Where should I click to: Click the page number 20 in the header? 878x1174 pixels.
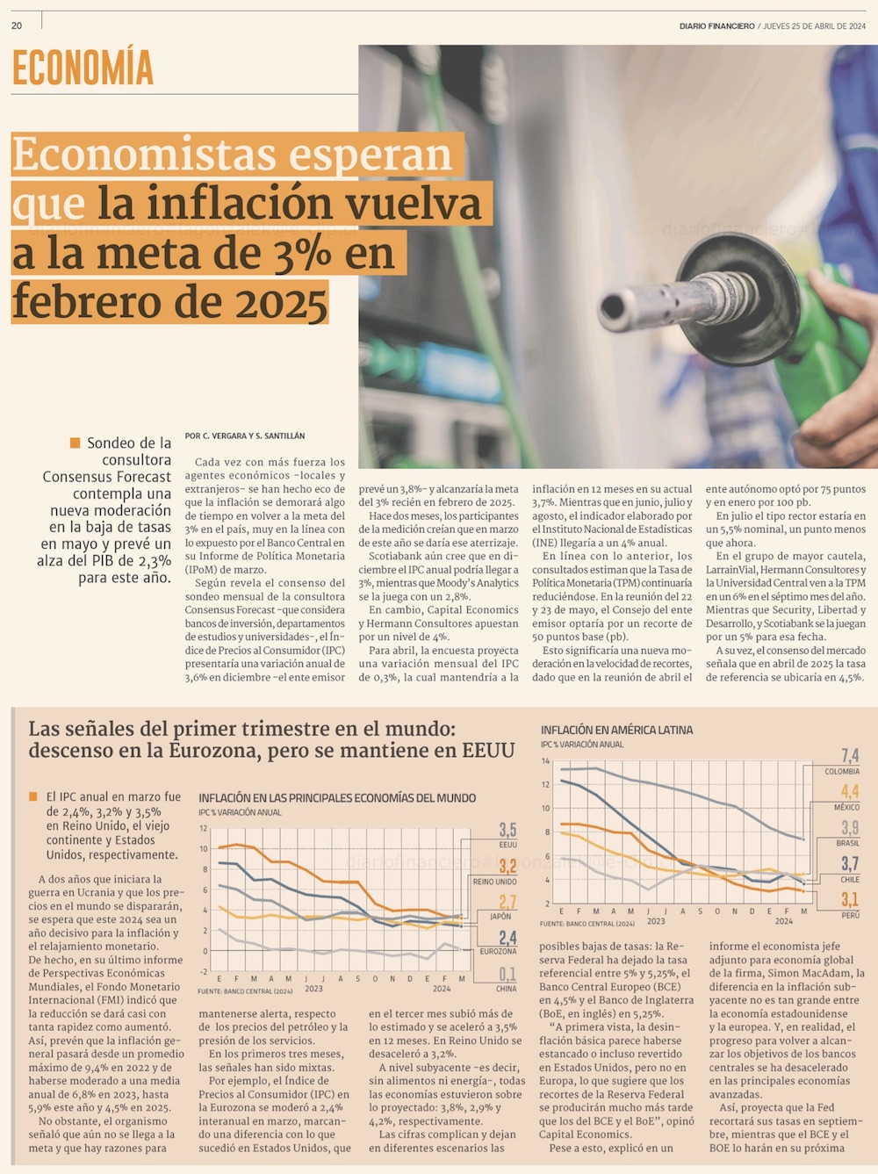[x=17, y=25]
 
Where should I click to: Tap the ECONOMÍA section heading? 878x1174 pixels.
[x=83, y=68]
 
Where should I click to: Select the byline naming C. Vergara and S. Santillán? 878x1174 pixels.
[x=245, y=436]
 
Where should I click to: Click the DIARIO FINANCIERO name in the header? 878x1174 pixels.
[x=716, y=26]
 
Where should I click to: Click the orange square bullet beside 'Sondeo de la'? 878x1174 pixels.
[x=76, y=443]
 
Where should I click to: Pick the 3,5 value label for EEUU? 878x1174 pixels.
[x=507, y=830]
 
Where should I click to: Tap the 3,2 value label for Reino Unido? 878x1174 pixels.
[x=507, y=867]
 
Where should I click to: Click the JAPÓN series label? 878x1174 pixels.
[x=500, y=916]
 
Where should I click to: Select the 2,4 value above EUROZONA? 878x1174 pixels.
[x=507, y=938]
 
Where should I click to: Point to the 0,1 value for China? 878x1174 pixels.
[x=507, y=974]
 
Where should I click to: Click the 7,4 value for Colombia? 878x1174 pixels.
[x=849, y=756]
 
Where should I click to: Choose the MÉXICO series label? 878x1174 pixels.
[x=846, y=807]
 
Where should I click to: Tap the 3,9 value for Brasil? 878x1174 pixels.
[x=849, y=828]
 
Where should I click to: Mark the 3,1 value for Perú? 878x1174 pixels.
[x=849, y=900]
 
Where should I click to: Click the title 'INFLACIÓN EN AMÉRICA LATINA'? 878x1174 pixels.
[x=616, y=730]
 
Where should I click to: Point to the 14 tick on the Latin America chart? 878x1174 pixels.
[x=545, y=761]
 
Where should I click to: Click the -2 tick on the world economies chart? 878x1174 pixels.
[x=203, y=971]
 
